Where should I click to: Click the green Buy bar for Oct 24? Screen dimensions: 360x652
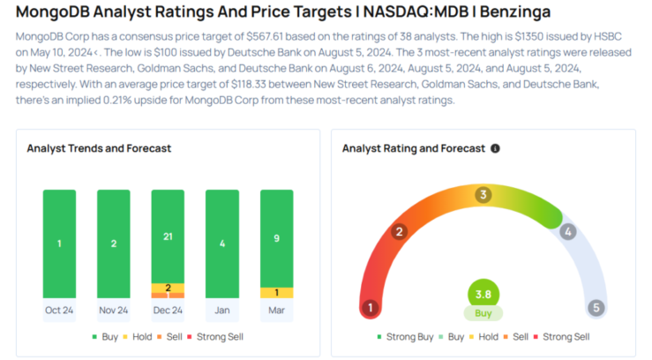pos(59,243)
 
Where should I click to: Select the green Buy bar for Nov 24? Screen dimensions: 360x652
pos(114,243)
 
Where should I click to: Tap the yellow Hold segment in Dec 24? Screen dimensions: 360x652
pos(168,288)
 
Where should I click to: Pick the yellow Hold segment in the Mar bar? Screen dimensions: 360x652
pos(276,292)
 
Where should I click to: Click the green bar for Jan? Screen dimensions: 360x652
pos(221,243)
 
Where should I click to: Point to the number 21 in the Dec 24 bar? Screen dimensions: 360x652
pos(168,236)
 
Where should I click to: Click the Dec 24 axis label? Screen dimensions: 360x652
pos(168,311)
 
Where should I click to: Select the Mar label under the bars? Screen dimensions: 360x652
pos(276,311)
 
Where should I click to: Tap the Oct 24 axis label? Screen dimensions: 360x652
pos(59,311)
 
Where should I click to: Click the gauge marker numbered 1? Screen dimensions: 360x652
pos(371,308)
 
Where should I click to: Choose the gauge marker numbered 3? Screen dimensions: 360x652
pos(483,195)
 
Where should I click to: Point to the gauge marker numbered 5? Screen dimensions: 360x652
pos(596,308)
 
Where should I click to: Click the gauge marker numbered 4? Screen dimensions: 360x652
pos(568,232)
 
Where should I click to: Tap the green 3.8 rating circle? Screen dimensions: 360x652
pos(483,294)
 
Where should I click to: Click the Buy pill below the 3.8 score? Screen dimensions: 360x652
pos(483,313)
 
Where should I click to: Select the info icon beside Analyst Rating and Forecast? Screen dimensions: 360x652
pos(495,148)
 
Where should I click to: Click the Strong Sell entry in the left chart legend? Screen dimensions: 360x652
pos(216,336)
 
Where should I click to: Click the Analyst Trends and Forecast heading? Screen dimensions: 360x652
pos(99,148)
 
